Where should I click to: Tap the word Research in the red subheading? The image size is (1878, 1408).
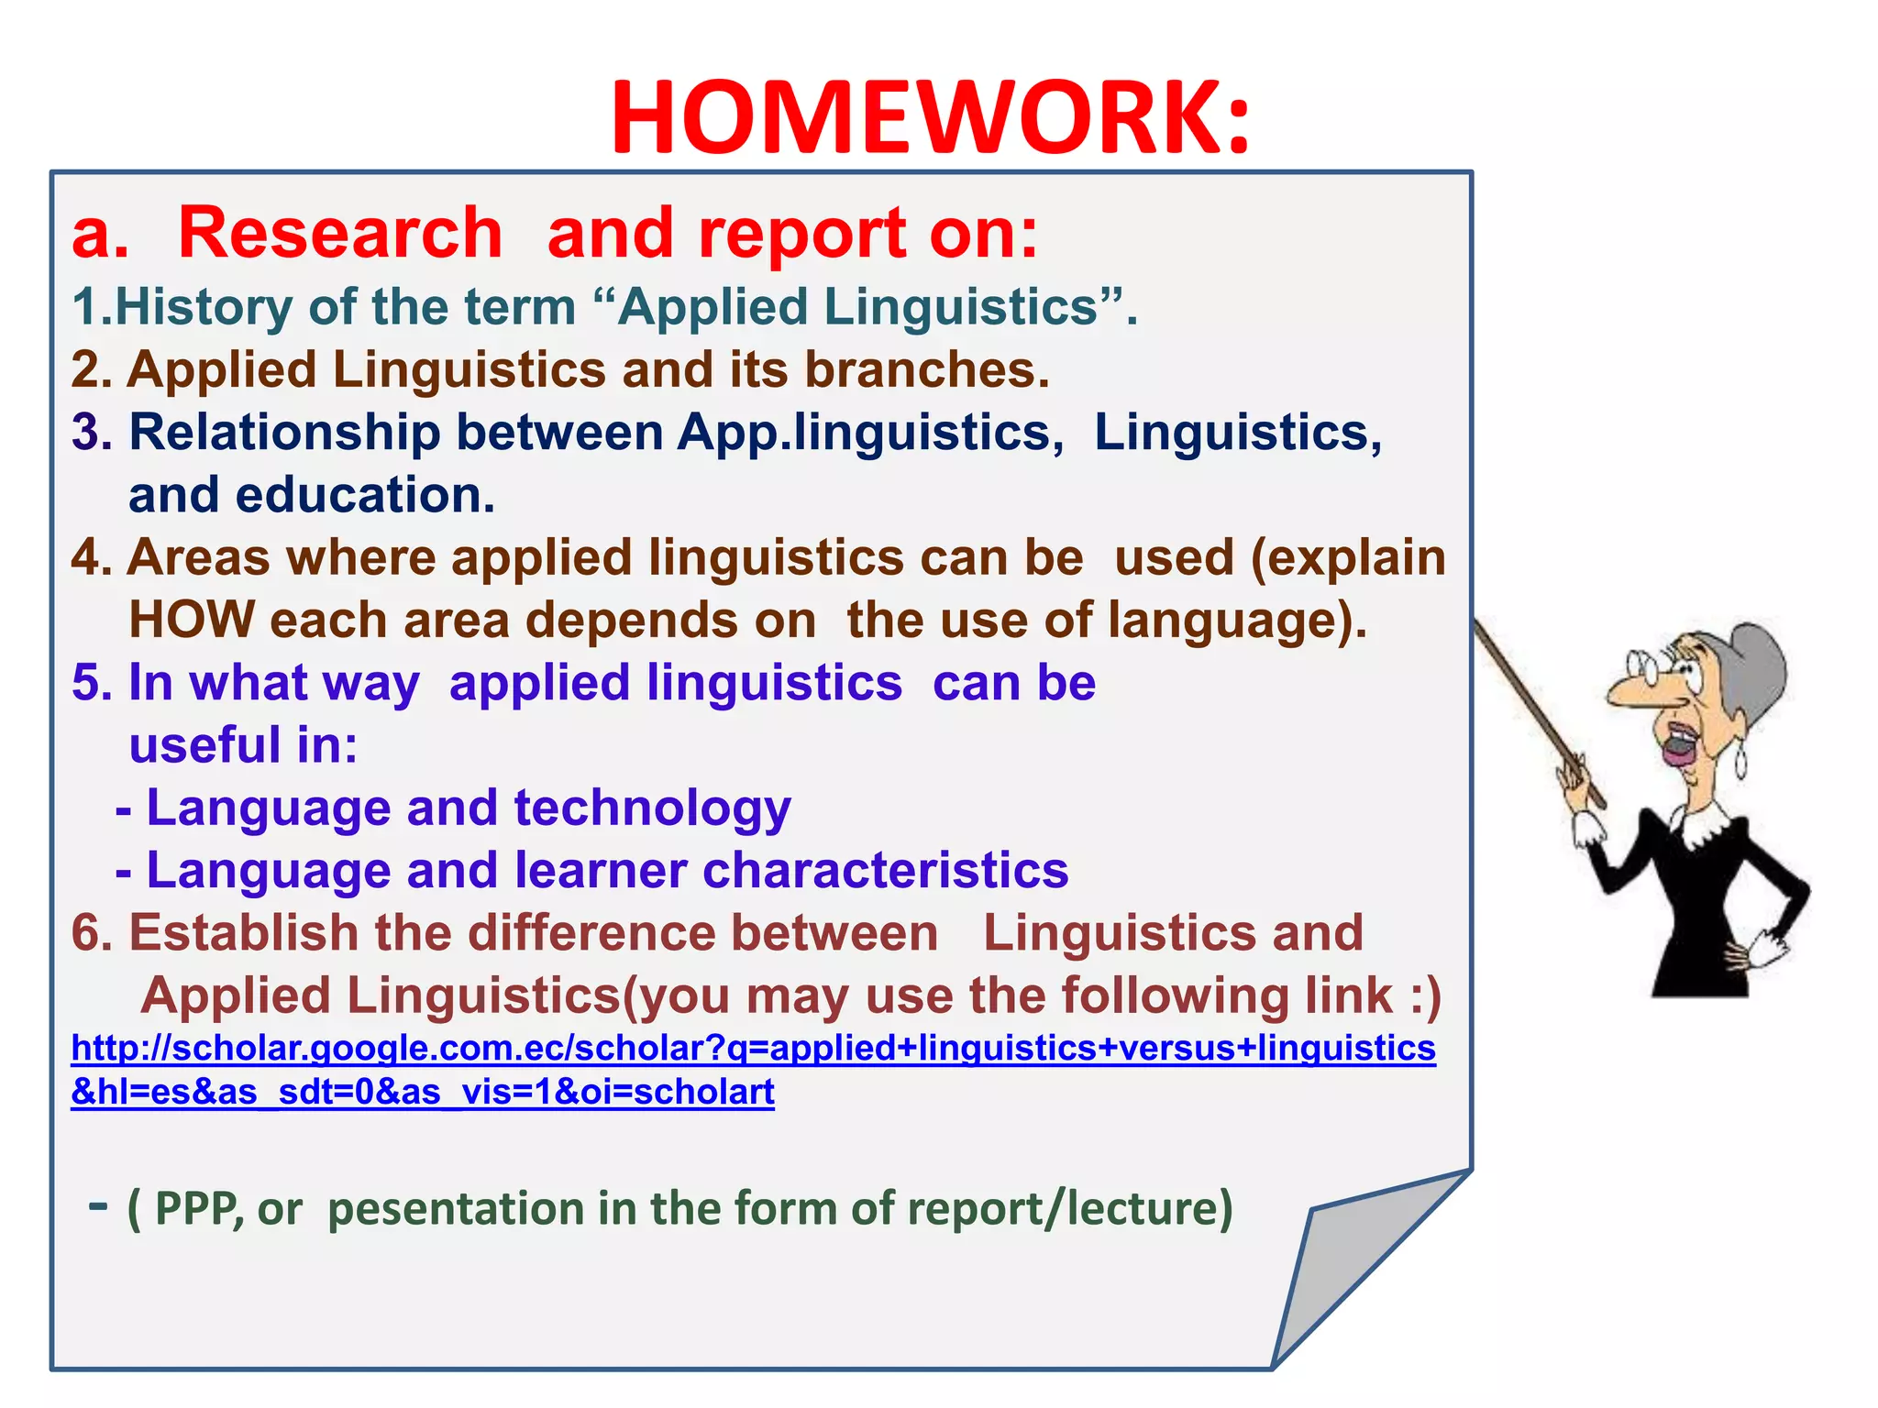340,234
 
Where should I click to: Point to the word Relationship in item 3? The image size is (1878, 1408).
284,433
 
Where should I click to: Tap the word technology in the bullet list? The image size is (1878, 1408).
652,809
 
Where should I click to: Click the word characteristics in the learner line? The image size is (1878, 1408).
885,871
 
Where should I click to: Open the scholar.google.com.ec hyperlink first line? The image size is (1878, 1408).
753,1049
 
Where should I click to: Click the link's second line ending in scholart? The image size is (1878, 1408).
423,1093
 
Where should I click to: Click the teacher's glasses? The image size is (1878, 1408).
1651,665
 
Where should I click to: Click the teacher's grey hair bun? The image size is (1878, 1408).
1756,665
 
